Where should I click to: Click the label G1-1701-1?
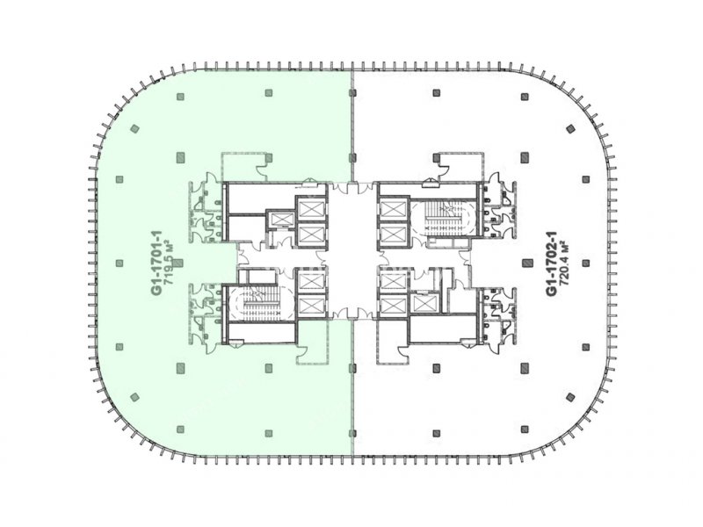click(x=157, y=263)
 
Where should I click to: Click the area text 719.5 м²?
click(x=170, y=263)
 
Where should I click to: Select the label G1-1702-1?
click(x=552, y=263)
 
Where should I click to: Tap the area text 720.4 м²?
click(x=565, y=263)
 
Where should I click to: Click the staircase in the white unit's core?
click(x=443, y=219)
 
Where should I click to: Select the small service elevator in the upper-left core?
click(x=280, y=218)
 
